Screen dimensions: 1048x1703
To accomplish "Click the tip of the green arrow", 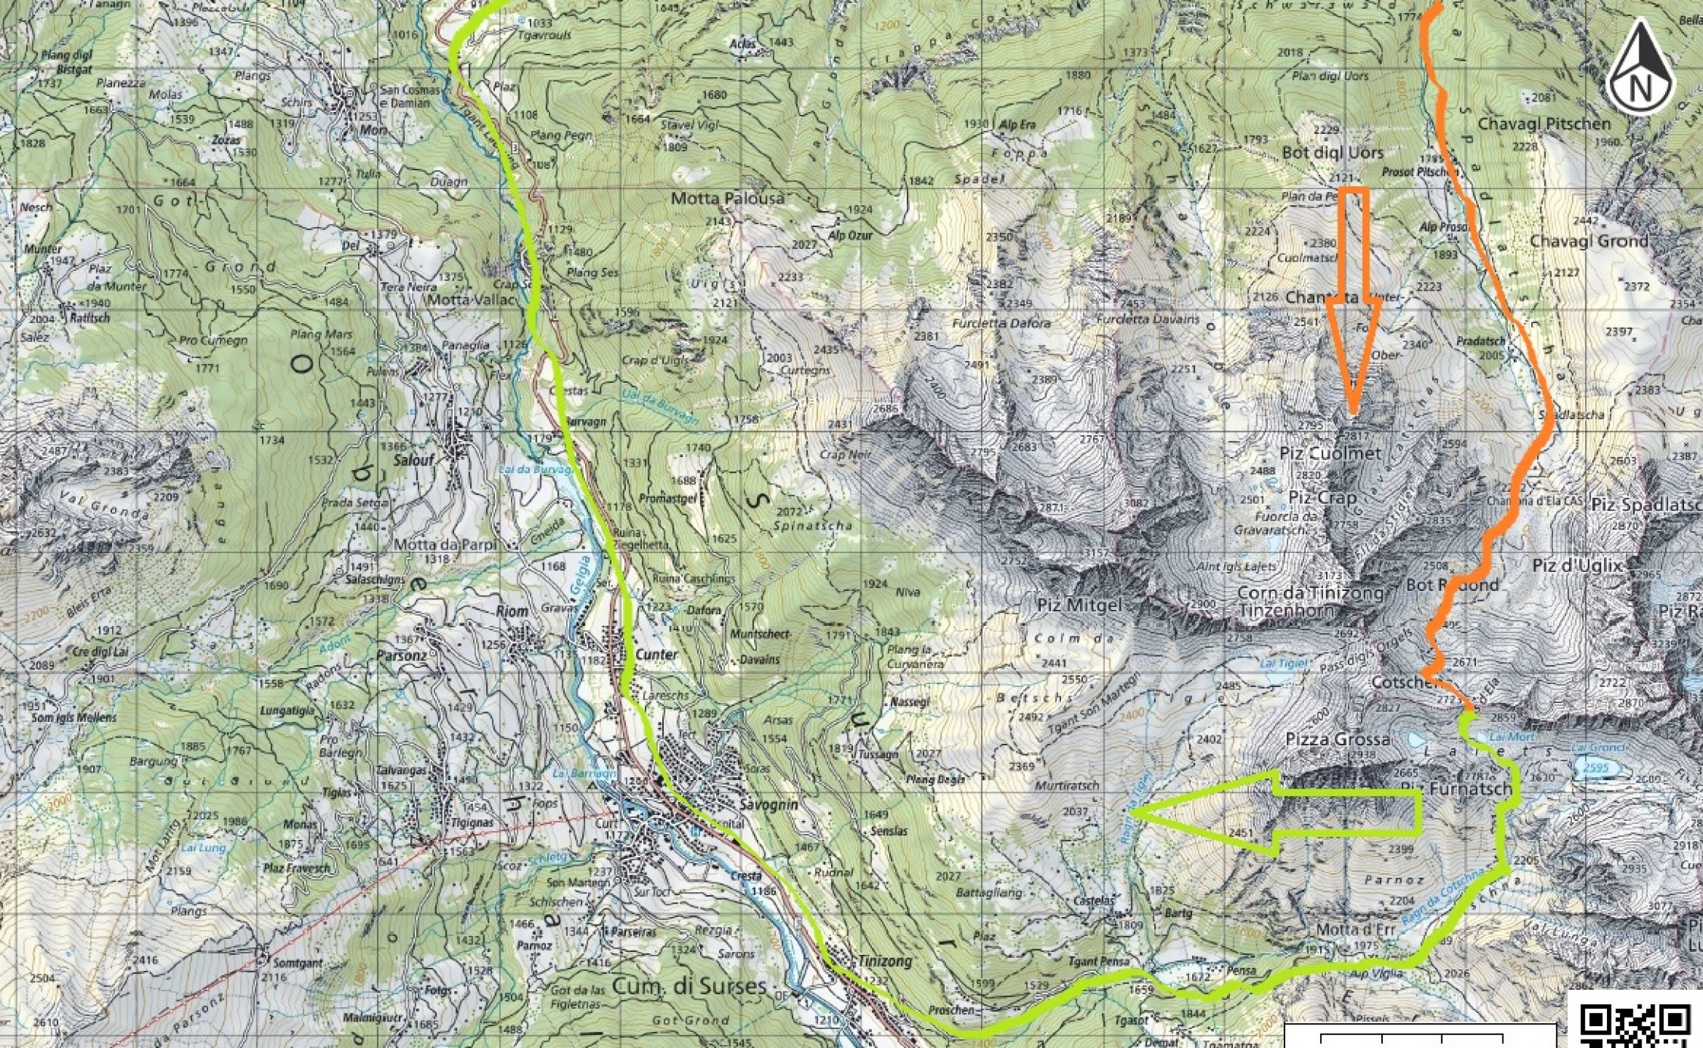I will coord(1134,813).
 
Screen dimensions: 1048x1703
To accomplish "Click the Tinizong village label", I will coord(884,961).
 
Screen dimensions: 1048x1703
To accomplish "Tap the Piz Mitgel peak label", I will coord(1079,605).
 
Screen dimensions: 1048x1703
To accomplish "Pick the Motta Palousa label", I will coord(727,199).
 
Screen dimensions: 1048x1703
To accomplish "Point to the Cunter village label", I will coord(656,655).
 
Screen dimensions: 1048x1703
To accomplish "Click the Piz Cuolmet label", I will coord(1330,453).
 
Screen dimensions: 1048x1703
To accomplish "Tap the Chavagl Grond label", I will coord(1589,241).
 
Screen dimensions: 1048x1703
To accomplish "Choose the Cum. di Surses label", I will coord(689,987).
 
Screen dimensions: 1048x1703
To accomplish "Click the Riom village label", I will coord(512,611).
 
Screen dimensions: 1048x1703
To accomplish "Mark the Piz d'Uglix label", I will coord(1577,565).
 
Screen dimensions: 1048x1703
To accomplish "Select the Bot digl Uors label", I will coord(1332,153).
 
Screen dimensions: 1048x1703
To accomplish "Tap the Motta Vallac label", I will coord(470,300).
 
